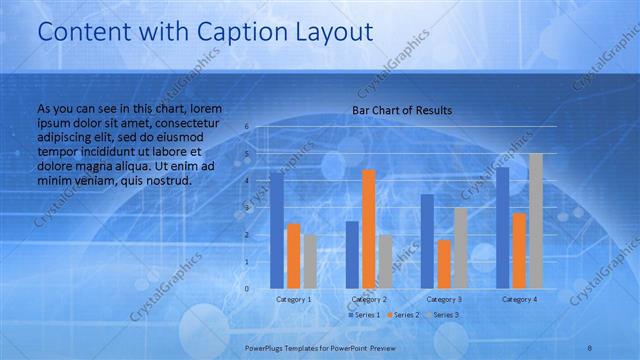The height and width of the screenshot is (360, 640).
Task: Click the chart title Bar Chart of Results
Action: tap(402, 110)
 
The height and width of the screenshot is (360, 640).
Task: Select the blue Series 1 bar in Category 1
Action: tap(277, 230)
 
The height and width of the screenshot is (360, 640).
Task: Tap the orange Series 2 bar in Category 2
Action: tap(369, 229)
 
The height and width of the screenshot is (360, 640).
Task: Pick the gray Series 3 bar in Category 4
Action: tap(536, 220)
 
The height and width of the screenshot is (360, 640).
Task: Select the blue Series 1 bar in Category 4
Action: tap(502, 227)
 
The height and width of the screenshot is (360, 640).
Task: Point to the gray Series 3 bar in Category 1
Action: tap(311, 261)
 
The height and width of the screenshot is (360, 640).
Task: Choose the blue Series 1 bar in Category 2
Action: tap(352, 254)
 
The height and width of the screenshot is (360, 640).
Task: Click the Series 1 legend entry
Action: tap(364, 315)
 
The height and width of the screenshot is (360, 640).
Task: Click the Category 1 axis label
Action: tap(294, 299)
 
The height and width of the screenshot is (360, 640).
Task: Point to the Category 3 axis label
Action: tap(444, 299)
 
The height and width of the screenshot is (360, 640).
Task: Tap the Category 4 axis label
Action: tap(519, 299)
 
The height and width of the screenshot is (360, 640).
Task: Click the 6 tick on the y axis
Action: tap(246, 127)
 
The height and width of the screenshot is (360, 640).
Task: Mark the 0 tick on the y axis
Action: tap(246, 288)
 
